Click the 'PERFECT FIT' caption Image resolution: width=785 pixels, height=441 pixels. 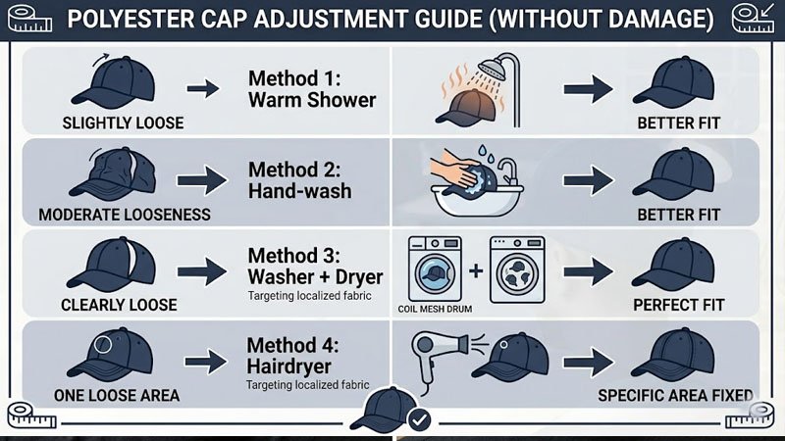point(678,305)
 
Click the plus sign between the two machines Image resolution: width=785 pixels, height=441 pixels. point(476,268)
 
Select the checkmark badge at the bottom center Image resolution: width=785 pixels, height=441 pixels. point(419,420)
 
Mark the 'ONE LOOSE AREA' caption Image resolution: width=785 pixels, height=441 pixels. point(116,396)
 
